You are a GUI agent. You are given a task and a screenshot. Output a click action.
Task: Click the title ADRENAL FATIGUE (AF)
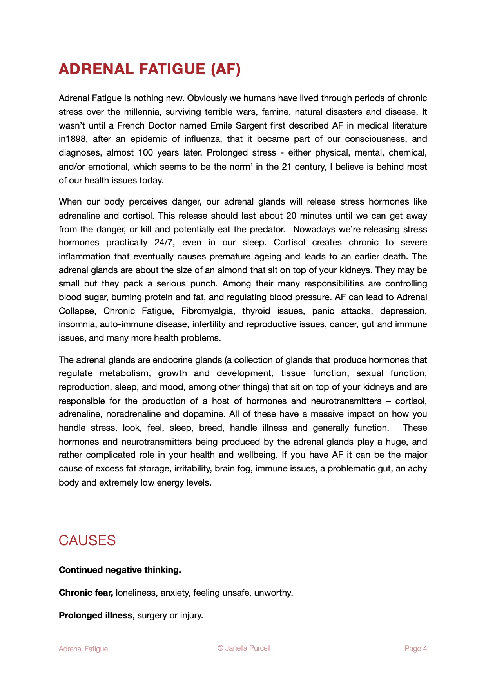[x=149, y=69]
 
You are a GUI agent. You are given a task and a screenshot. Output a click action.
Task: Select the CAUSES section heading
[x=87, y=540]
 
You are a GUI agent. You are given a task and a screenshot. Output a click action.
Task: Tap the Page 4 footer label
[x=415, y=649]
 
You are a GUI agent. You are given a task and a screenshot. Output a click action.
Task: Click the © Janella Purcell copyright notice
[x=244, y=648]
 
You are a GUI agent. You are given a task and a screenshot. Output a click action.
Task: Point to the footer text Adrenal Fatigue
[x=83, y=649]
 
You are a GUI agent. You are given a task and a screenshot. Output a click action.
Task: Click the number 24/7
[x=164, y=243]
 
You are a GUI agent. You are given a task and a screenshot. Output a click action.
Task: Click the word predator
[x=268, y=229]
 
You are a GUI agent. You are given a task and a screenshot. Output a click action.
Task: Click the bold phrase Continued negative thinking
[x=120, y=570]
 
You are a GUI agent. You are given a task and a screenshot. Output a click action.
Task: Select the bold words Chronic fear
[x=86, y=593]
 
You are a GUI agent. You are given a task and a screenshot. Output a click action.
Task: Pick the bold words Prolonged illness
[x=96, y=616]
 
